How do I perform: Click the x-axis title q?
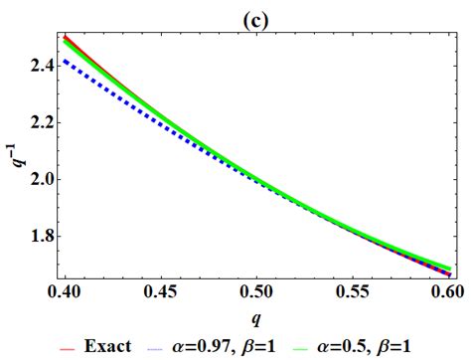[247, 320]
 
